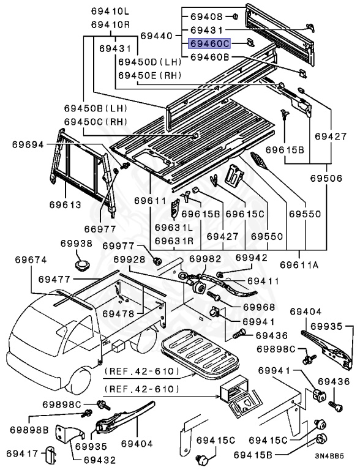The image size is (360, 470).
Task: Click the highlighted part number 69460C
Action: (x=209, y=44)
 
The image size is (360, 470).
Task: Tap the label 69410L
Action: (x=110, y=12)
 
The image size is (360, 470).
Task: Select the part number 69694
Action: (x=28, y=145)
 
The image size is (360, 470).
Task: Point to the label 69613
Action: (x=66, y=205)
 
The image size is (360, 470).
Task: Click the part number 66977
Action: (x=100, y=229)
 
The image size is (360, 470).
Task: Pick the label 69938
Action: (x=77, y=243)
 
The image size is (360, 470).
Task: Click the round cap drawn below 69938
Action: (x=82, y=266)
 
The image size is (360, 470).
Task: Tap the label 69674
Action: (x=31, y=259)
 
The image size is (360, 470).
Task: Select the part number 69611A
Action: (x=299, y=265)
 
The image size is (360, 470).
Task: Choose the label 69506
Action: (x=326, y=178)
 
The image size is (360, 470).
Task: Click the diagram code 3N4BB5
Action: (x=329, y=456)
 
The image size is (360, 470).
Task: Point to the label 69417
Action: (x=22, y=453)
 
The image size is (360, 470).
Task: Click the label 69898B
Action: (x=29, y=430)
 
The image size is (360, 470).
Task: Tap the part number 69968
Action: (x=259, y=307)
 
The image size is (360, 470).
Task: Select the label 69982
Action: (x=205, y=258)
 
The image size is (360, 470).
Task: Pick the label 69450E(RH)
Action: (x=150, y=75)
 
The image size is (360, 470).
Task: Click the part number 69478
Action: (x=118, y=314)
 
